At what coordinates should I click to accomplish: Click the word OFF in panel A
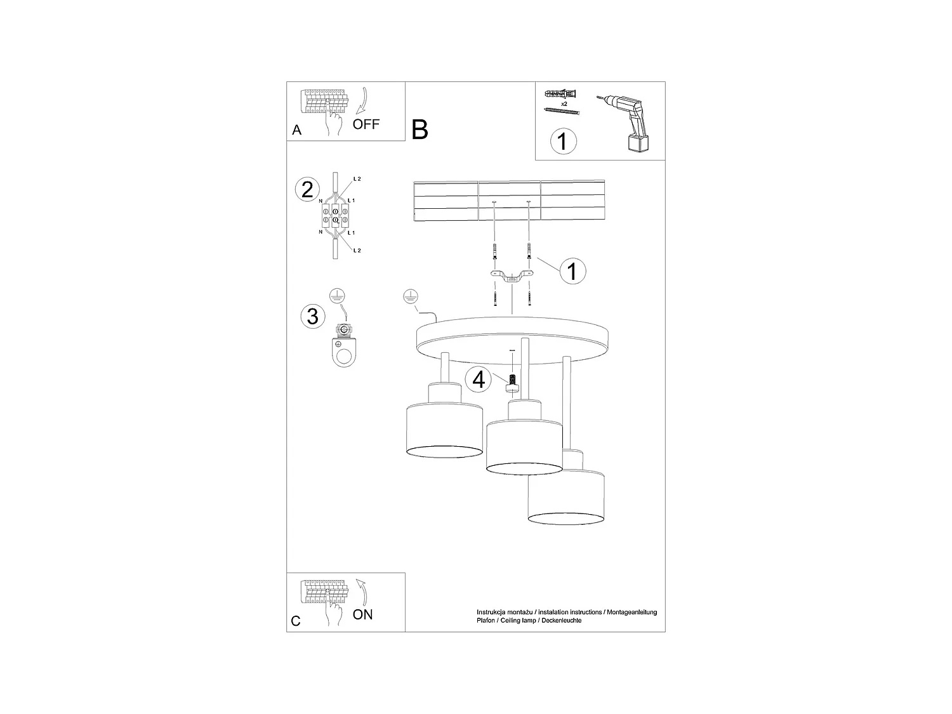[366, 124]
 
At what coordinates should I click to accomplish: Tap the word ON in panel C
[363, 614]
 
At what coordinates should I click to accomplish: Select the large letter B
[420, 129]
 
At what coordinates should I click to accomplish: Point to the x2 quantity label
[564, 103]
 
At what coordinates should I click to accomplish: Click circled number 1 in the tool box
[562, 140]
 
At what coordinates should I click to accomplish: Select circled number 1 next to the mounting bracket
[572, 271]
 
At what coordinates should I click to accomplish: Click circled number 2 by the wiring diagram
[308, 190]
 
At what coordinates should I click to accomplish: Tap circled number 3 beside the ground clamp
[312, 315]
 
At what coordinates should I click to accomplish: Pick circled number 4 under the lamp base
[479, 380]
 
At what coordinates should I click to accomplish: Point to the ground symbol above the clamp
[338, 294]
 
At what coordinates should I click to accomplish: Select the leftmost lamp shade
[444, 428]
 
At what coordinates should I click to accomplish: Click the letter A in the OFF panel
[296, 131]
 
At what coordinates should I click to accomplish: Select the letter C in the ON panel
[296, 621]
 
